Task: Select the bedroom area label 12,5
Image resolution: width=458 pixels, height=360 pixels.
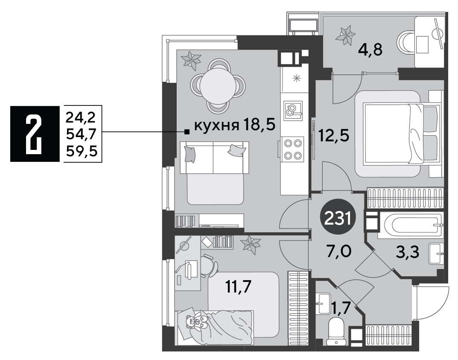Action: [x=333, y=135]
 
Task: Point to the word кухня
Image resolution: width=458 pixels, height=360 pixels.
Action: [x=216, y=126]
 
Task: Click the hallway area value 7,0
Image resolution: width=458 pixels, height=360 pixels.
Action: [x=339, y=251]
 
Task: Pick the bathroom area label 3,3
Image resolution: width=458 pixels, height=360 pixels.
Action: [x=408, y=252]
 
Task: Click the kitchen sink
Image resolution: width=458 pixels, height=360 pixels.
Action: [x=293, y=110]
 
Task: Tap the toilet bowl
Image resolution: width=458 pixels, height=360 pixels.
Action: [x=336, y=331]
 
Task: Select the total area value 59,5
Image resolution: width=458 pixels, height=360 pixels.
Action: [x=82, y=152]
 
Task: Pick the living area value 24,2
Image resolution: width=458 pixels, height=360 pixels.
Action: [x=81, y=118]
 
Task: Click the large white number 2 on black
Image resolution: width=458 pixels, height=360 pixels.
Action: [x=34, y=134]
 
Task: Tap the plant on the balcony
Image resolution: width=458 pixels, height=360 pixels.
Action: [x=347, y=35]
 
